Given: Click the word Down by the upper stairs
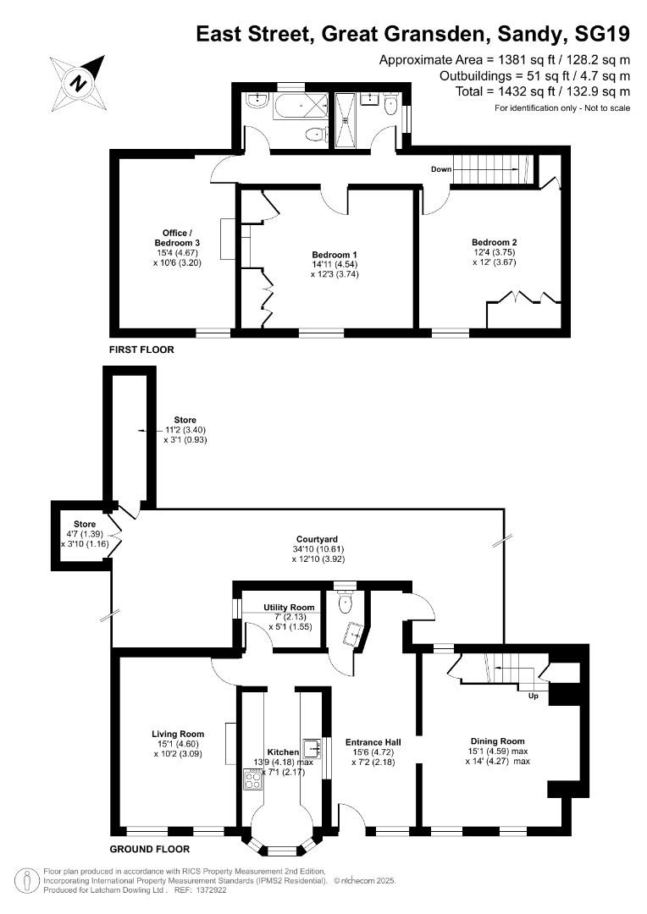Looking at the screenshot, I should [441, 169].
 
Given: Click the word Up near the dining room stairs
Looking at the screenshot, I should [533, 697].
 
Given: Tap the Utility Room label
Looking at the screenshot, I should [290, 608].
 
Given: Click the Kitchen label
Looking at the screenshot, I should [283, 752].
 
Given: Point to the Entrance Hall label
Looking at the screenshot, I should [373, 742].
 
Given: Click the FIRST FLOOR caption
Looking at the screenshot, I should [141, 349].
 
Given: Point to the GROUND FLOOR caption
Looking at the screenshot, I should [150, 849].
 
